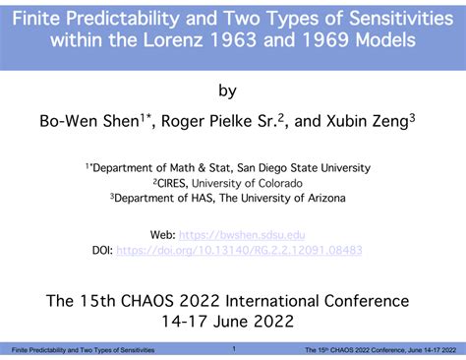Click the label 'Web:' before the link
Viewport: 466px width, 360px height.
click(163, 235)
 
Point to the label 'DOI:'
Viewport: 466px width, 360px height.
click(99, 250)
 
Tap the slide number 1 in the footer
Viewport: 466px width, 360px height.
click(234, 349)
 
